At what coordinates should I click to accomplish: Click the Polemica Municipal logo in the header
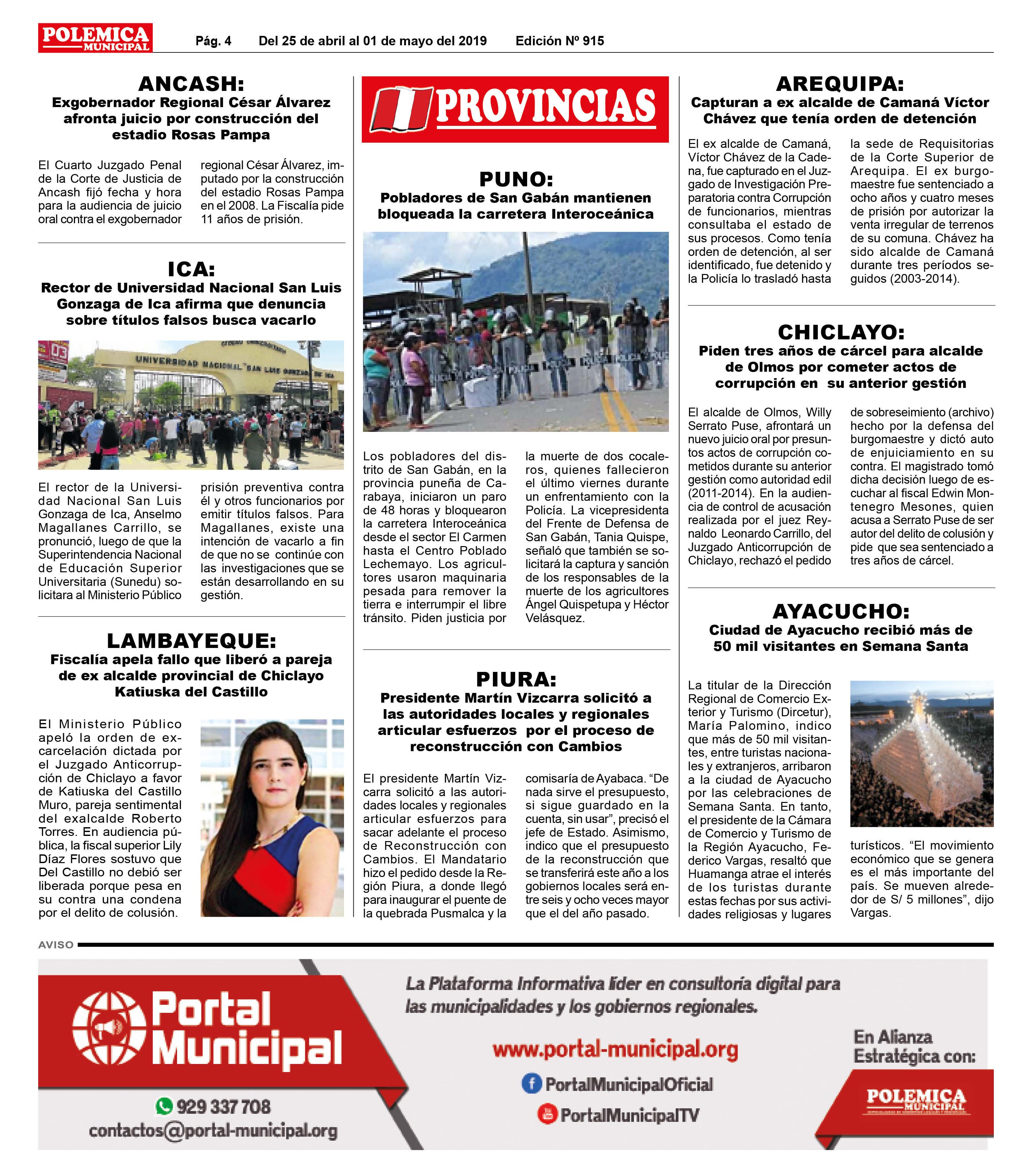95,38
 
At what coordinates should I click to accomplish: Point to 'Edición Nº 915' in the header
560,41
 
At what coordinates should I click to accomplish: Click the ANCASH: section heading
191,84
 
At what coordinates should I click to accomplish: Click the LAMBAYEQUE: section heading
191,641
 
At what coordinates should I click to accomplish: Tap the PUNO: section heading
516,179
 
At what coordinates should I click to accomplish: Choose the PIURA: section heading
516,679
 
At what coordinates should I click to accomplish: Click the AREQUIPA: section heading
840,84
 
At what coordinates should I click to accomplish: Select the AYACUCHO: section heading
841,611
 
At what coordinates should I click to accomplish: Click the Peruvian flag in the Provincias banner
401,109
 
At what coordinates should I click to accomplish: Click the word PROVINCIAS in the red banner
545,107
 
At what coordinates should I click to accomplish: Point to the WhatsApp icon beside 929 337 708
164,1106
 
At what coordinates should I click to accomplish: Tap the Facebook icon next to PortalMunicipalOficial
531,1083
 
